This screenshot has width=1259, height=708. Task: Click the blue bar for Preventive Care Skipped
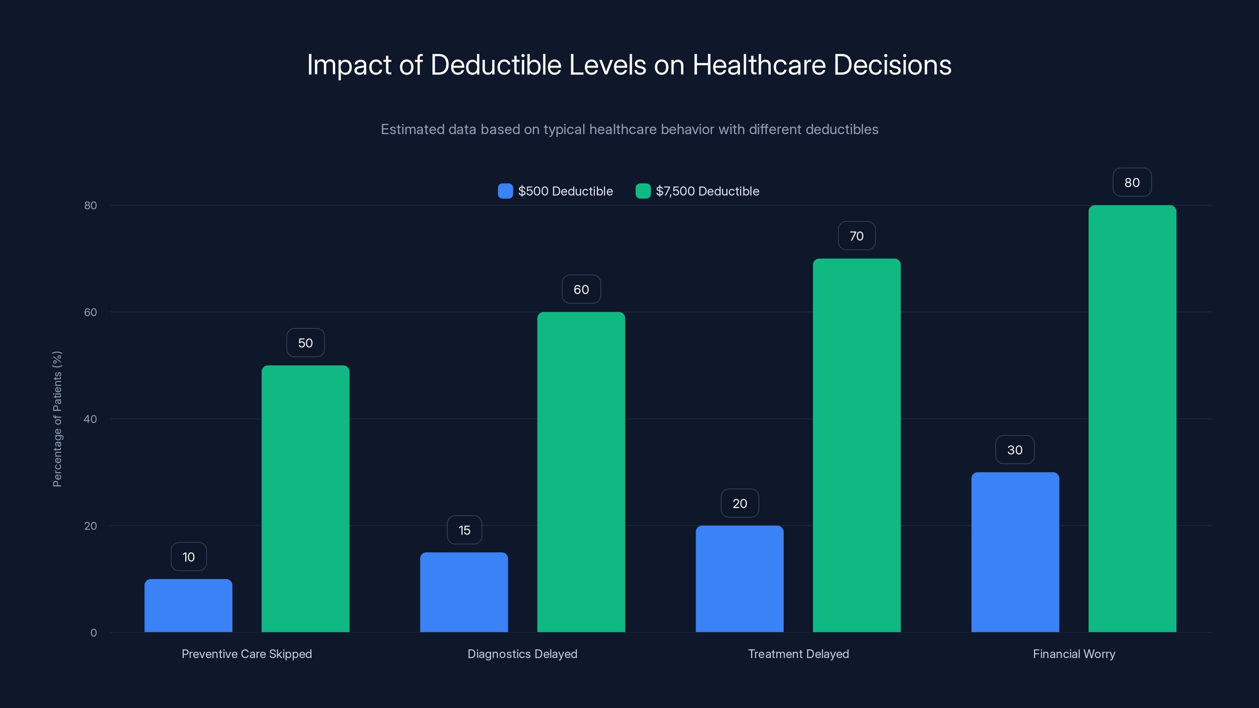(188, 605)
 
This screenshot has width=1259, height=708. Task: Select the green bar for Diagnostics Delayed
(581, 472)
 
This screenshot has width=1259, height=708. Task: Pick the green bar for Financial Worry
(1132, 418)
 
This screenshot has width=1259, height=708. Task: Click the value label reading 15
(464, 530)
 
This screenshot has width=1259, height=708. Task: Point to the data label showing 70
(856, 236)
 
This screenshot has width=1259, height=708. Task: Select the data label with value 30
(1015, 450)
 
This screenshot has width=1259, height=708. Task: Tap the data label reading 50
(305, 343)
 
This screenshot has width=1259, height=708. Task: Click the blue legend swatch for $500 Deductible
(505, 191)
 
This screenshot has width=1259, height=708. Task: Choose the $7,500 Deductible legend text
(707, 191)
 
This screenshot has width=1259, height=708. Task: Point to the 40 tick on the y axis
(90, 419)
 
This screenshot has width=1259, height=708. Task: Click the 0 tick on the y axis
(93, 633)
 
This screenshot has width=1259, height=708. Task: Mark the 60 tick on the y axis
(90, 312)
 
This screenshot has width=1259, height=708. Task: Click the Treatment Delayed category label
(798, 654)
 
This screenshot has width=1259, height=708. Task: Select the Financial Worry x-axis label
(1074, 654)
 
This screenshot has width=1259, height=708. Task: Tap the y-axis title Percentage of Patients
(57, 419)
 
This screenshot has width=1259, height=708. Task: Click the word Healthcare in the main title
(759, 65)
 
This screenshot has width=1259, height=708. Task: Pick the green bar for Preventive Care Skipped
(305, 498)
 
